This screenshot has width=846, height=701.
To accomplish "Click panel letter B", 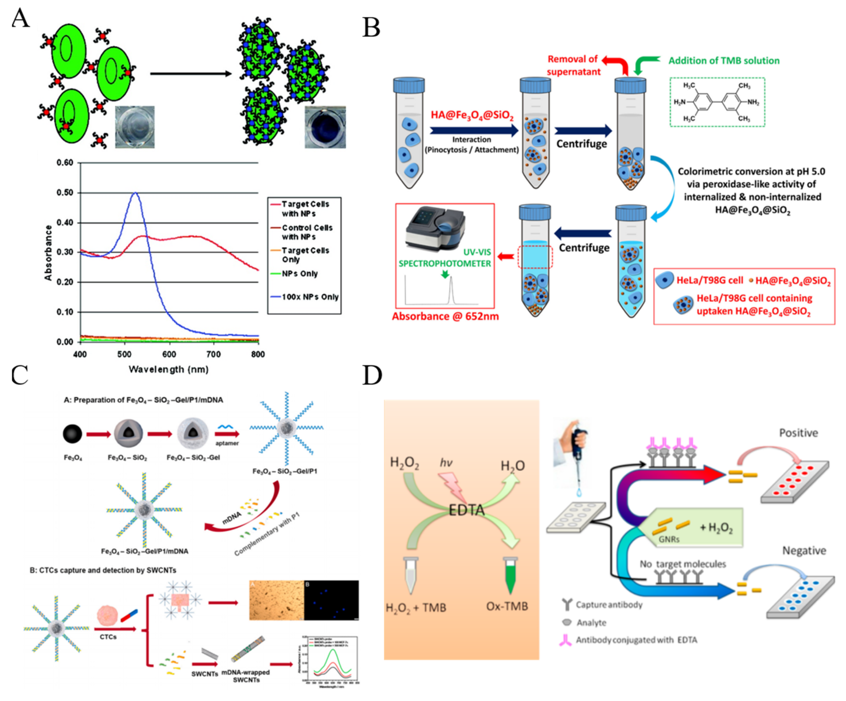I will pyautogui.click(x=371, y=28).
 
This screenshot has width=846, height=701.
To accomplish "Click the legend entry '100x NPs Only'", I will pyautogui.click(x=309, y=297).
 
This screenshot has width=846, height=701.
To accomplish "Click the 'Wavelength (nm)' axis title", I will pyautogui.click(x=168, y=369).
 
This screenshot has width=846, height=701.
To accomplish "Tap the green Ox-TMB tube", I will pyautogui.click(x=510, y=577).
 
